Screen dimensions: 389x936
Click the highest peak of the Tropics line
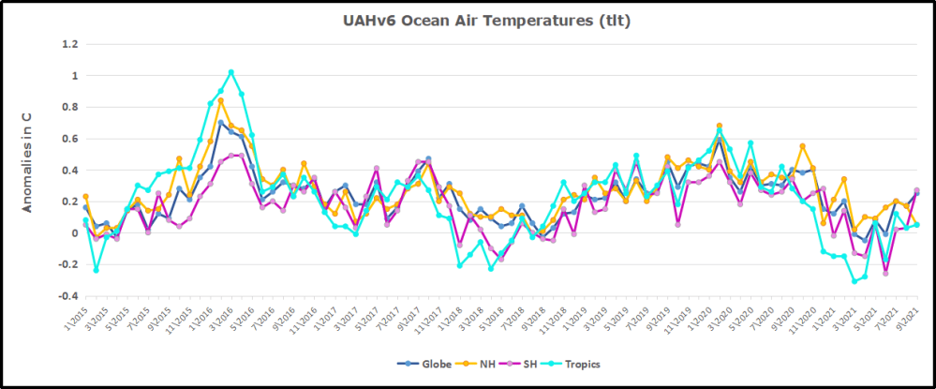pyautogui.click(x=231, y=72)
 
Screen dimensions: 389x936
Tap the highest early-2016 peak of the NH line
pyautogui.click(x=220, y=100)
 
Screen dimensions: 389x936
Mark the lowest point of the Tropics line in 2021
pyautogui.click(x=854, y=281)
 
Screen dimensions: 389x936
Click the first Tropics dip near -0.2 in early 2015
pyautogui.click(x=96, y=270)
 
